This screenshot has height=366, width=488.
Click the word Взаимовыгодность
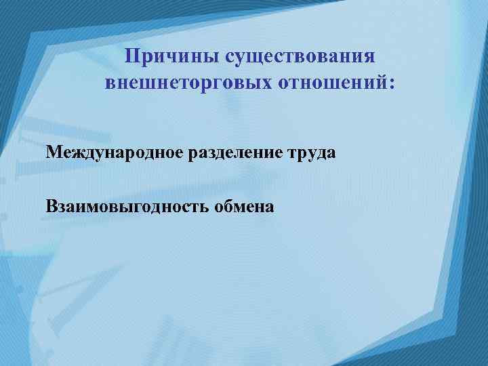(x=127, y=206)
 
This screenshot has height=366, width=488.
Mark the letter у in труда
(x=306, y=154)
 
